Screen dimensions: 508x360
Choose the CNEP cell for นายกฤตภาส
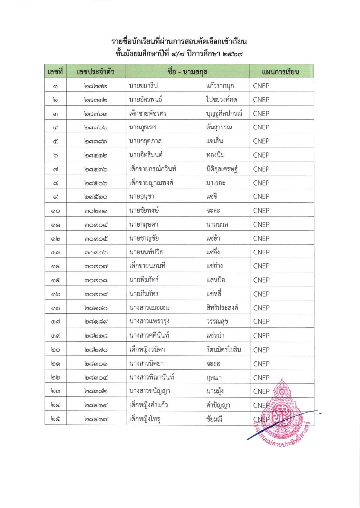pos(261,141)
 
